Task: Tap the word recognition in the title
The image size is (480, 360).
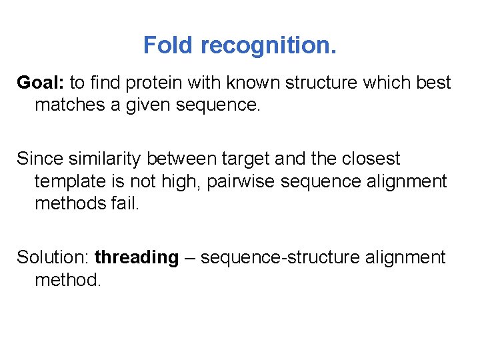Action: (268, 45)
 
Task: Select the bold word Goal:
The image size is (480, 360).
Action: (41, 83)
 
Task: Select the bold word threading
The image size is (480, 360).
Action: (137, 257)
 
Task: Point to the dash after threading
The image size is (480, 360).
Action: (189, 257)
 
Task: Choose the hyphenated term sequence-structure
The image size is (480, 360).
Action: (281, 257)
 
